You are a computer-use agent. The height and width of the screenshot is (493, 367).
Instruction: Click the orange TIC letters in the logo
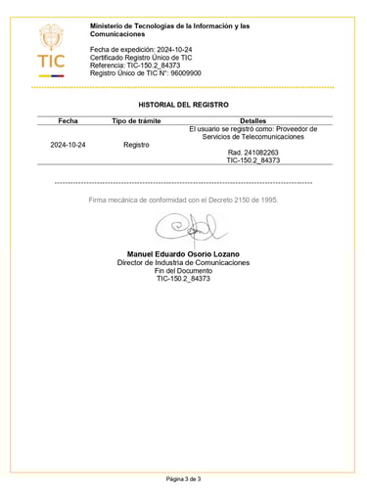pos(52,63)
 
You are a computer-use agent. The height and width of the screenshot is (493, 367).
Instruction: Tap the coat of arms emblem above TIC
pos(51,38)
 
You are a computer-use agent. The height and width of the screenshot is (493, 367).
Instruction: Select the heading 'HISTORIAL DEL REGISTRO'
pos(183,103)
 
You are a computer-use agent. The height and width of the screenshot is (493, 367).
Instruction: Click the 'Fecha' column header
pos(68,120)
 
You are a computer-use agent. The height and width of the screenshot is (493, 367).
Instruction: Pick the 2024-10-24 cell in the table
pos(68,144)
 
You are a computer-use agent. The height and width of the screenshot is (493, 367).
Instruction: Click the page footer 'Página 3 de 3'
pos(183,479)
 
